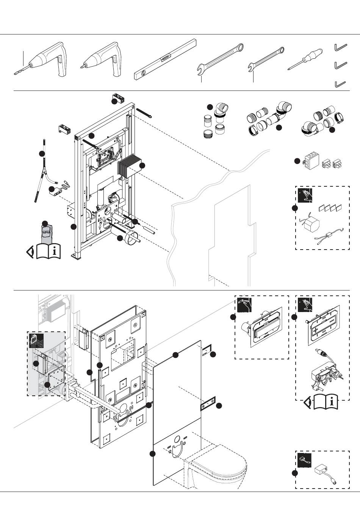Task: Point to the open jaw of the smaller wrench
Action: pyautogui.click(x=250, y=69)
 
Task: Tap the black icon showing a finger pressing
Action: pyautogui.click(x=244, y=304)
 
